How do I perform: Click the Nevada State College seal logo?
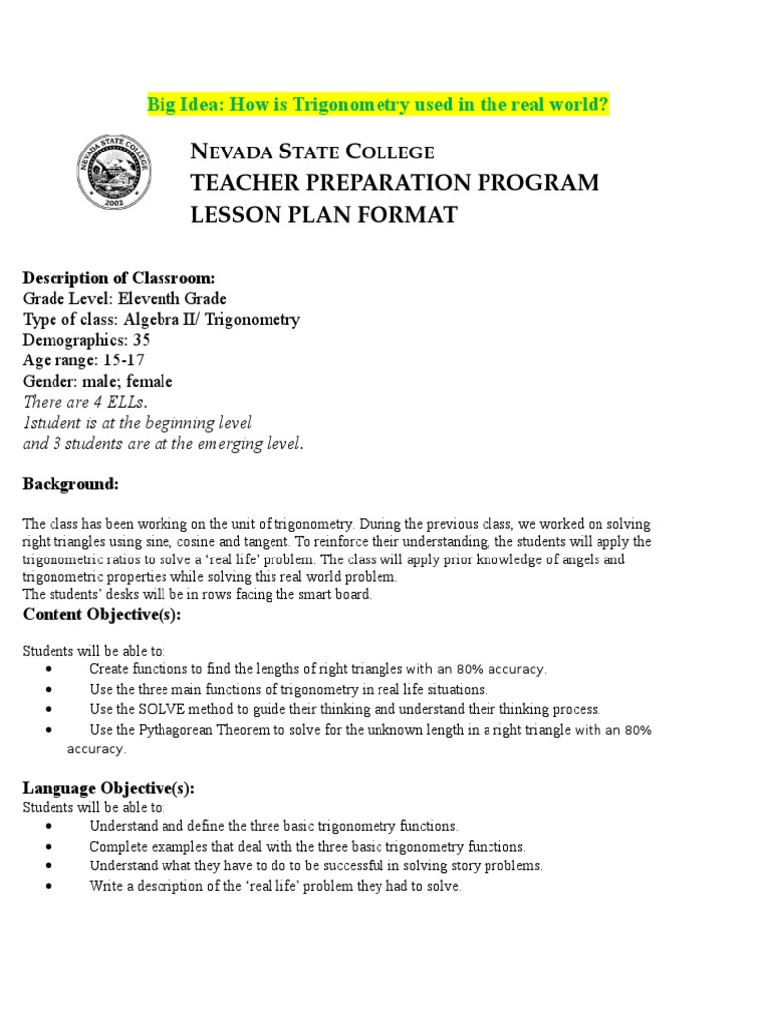click(114, 171)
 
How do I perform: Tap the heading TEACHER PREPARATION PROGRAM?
click(394, 183)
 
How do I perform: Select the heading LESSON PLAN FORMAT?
click(324, 215)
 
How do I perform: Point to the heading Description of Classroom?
click(118, 277)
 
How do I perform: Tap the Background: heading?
click(70, 483)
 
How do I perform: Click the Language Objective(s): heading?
click(109, 788)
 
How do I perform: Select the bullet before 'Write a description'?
click(49, 887)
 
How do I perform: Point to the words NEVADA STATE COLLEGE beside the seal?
click(312, 152)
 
